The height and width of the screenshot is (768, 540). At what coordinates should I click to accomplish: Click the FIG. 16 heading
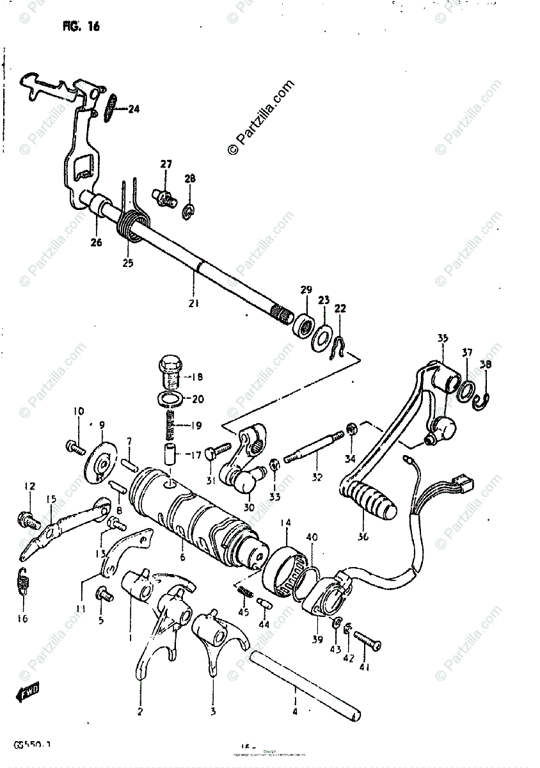(81, 27)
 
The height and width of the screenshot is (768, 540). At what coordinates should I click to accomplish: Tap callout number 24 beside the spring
(133, 109)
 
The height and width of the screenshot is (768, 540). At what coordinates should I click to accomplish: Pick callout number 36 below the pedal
(363, 537)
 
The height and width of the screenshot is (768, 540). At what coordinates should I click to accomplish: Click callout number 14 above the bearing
(285, 522)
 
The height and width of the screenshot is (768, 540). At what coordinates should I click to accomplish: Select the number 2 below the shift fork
(140, 710)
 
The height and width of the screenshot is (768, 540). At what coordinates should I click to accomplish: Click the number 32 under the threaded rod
(318, 477)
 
